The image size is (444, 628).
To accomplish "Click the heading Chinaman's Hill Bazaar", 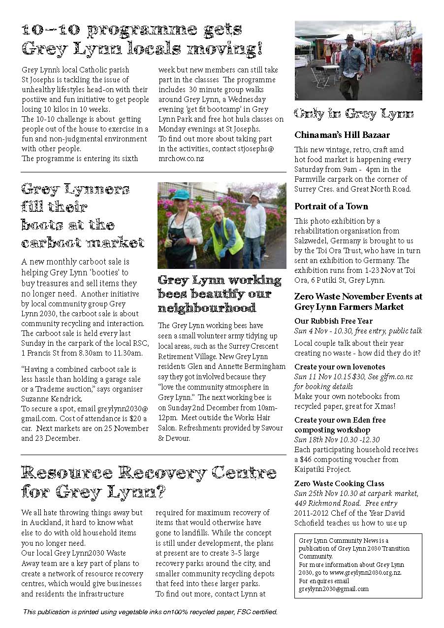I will [342, 135].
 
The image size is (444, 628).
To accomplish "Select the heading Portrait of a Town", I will [331, 206].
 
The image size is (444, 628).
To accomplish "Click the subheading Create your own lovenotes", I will [340, 367].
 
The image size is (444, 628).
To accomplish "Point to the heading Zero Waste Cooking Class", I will [339, 484].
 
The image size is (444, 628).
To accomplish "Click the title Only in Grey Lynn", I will [353, 114].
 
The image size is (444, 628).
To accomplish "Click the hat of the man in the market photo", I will [350, 37].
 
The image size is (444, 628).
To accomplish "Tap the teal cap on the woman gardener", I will [181, 194].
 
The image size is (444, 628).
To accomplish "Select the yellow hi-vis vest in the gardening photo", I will [227, 236].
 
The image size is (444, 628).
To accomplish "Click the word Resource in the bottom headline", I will [65, 473].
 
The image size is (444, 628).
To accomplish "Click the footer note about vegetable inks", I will [150, 612].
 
